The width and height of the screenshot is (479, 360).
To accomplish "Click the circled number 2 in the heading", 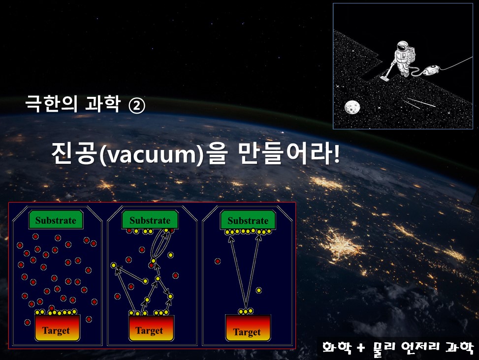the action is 137,106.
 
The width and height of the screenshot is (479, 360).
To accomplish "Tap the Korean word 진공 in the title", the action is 74,153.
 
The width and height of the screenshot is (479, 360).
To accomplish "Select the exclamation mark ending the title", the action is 337,152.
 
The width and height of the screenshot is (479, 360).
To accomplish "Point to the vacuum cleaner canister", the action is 431,69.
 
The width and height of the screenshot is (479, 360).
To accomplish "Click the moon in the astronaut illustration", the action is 352,107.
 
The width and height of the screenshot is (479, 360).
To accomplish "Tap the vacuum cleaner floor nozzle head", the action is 384,78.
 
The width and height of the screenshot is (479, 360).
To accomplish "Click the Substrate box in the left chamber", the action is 56,220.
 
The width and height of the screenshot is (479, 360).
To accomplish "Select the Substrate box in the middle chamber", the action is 150,220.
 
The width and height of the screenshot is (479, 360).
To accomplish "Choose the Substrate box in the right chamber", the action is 248,220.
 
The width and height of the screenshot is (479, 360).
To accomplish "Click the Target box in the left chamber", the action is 57,328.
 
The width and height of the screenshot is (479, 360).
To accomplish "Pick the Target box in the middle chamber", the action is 151,328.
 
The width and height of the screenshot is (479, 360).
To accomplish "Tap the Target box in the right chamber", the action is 248,328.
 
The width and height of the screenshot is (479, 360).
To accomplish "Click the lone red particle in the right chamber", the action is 218,261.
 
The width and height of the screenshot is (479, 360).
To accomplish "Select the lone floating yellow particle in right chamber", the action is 259,290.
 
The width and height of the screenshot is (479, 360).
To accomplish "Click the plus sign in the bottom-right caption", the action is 361,348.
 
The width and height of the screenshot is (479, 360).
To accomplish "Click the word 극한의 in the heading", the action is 51,104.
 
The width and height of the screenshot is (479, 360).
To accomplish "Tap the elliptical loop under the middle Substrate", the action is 160,244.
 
